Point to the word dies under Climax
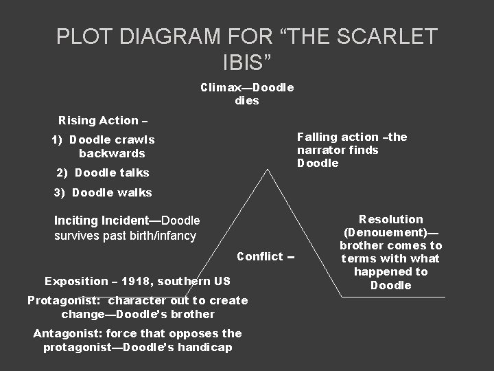coord(247,100)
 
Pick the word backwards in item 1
coord(112,153)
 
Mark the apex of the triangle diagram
coord(268,170)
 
